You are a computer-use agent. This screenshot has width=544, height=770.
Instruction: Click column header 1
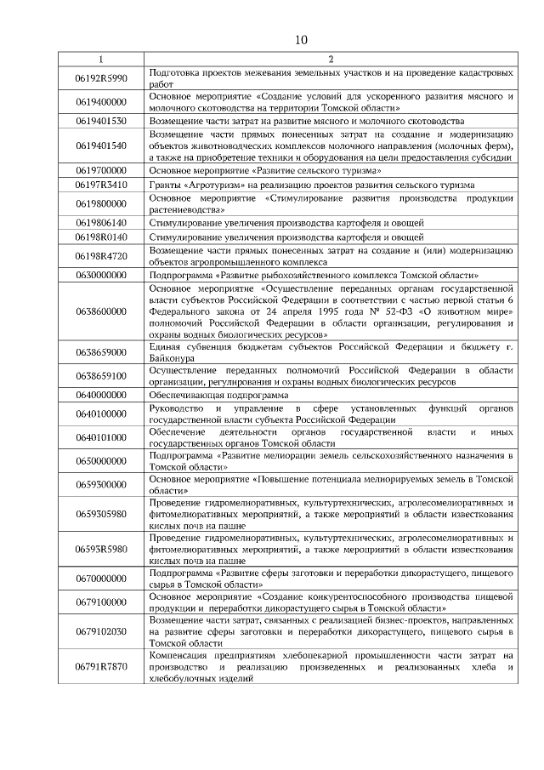click(x=101, y=60)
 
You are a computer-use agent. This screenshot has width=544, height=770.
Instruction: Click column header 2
click(x=330, y=60)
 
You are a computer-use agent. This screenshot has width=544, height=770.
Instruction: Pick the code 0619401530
click(x=101, y=121)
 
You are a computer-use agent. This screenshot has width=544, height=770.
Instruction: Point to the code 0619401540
click(x=101, y=145)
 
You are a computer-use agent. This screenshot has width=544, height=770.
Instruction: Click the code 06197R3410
click(x=101, y=185)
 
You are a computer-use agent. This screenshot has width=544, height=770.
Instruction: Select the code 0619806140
click(x=101, y=222)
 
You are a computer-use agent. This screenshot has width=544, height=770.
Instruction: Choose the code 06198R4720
click(x=101, y=255)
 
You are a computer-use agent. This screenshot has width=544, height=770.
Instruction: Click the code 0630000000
click(x=101, y=276)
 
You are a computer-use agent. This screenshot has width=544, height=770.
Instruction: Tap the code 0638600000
click(x=101, y=312)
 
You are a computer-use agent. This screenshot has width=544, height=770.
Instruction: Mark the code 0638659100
click(x=101, y=375)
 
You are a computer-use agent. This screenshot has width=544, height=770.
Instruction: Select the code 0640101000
click(x=101, y=437)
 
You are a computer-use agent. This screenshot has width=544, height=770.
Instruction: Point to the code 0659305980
click(x=101, y=514)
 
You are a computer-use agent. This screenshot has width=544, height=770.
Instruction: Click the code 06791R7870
click(x=101, y=666)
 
